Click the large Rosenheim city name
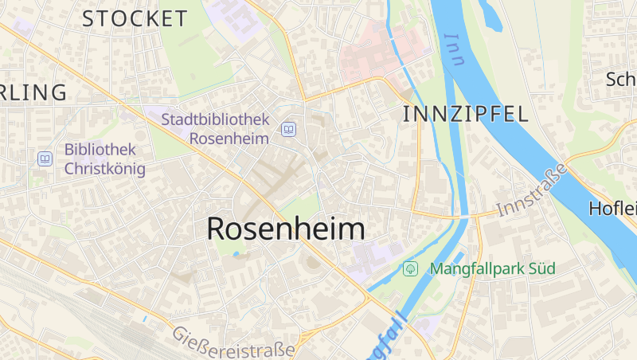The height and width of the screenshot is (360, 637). [286, 229]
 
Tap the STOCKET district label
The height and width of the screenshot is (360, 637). [135, 18]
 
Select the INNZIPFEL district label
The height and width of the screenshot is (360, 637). [466, 114]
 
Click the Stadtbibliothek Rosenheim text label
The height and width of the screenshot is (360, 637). [216, 128]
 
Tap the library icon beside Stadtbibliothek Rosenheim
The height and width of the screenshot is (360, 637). [288, 129]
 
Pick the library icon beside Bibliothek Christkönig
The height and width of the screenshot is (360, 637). [45, 158]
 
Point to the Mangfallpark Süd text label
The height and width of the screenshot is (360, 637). [492, 268]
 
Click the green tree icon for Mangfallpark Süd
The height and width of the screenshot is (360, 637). [411, 268]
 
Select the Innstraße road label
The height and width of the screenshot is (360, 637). [532, 190]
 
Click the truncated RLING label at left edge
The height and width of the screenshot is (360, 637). [33, 92]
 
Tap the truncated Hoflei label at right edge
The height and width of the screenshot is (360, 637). [613, 209]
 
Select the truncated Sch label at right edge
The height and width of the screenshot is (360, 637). [621, 80]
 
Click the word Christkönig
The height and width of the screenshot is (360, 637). [105, 169]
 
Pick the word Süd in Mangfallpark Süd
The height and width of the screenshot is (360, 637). [540, 268]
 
